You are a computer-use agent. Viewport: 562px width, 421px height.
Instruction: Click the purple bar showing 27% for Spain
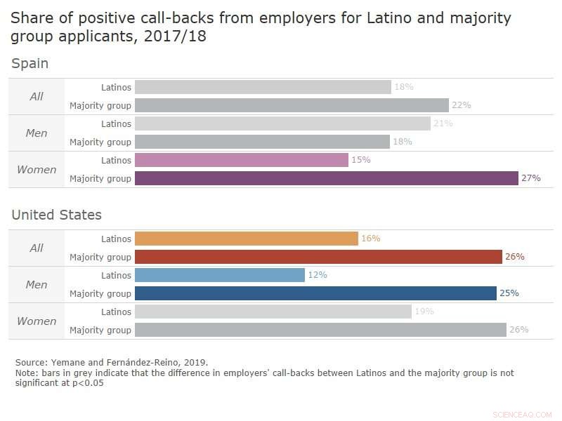[x=326, y=178]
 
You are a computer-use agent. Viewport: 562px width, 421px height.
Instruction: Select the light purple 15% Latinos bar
[x=241, y=160]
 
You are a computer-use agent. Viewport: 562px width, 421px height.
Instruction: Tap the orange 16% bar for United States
[x=246, y=239]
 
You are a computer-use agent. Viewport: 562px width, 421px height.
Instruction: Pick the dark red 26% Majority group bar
[x=318, y=257]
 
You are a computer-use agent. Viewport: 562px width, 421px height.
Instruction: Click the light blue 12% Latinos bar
[x=219, y=275]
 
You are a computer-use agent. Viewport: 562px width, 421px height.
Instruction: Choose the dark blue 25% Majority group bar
[x=315, y=293]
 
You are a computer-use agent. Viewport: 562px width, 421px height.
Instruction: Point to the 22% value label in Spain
[x=461, y=105]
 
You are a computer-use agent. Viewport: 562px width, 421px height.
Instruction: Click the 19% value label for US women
[x=424, y=312]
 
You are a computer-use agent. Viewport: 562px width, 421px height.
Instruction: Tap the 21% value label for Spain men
[x=443, y=123]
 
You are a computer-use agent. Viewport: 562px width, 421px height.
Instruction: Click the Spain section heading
[x=30, y=64]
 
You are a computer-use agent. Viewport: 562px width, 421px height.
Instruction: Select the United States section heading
[x=56, y=215]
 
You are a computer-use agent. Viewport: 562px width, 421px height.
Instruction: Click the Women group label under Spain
[x=37, y=169]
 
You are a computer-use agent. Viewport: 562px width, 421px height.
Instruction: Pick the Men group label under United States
[x=37, y=284]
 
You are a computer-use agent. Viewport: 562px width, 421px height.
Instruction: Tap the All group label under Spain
[x=37, y=96]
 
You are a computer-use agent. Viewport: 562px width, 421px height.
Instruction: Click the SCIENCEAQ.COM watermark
[x=523, y=414]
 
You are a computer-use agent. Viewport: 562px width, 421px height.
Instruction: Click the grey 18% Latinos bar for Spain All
[x=263, y=87]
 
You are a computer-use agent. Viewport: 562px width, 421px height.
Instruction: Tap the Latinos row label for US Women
[x=116, y=312]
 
